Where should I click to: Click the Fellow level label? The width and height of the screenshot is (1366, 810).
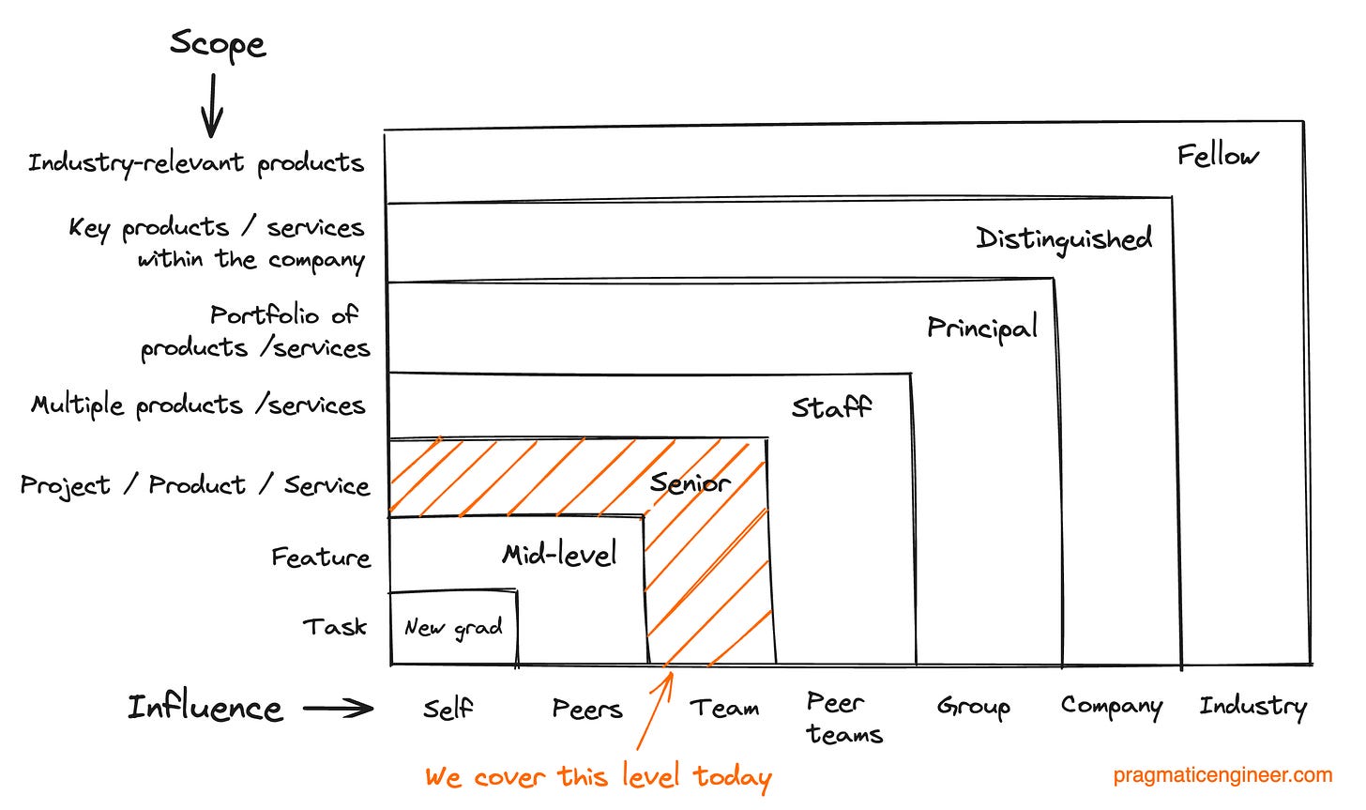tap(1218, 156)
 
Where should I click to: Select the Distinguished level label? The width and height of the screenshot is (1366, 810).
tap(1064, 239)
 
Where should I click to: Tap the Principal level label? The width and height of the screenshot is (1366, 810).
tap(982, 328)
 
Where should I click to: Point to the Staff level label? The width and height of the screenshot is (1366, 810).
tap(831, 407)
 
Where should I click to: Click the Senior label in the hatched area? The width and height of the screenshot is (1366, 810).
tap(690, 483)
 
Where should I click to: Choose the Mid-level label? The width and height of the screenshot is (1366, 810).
tap(559, 555)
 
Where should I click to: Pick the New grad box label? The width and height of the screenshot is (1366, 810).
tap(453, 628)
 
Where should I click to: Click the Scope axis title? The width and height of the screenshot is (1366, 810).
tap(218, 45)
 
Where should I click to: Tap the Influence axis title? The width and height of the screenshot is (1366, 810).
tap(205, 708)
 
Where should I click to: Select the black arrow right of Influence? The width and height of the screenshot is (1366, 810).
tap(338, 709)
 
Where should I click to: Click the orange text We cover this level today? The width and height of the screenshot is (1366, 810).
tap(598, 777)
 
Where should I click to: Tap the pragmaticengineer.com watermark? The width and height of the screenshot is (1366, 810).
tap(1222, 775)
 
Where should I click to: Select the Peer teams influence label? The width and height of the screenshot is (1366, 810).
tap(843, 718)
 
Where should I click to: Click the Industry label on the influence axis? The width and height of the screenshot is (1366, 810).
tap(1252, 707)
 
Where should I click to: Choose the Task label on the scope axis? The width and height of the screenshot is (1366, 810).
tap(334, 627)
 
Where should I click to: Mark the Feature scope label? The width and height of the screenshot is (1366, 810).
tap(321, 558)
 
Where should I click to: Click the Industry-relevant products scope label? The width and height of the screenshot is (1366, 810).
tap(195, 163)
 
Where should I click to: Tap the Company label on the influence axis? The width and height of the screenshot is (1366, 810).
tap(1111, 707)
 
